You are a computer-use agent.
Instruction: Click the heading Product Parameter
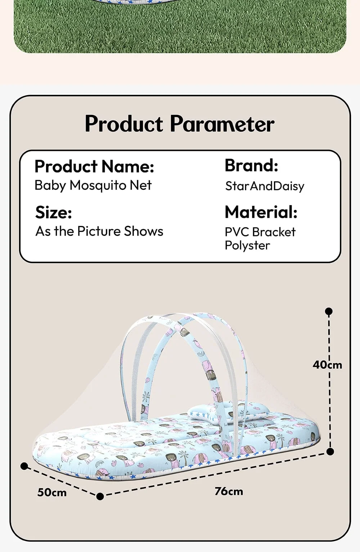click(180, 124)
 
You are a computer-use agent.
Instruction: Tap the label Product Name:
click(94, 166)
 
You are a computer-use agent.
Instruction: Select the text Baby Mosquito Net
click(93, 185)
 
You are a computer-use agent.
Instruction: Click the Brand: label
click(251, 166)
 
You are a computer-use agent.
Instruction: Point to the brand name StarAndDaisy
click(265, 186)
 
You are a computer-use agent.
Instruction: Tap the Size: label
click(54, 212)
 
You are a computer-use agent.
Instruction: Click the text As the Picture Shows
click(99, 231)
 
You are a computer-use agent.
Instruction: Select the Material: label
click(261, 212)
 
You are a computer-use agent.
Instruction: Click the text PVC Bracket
click(260, 232)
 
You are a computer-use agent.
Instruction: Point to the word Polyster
click(247, 245)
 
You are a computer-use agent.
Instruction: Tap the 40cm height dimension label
click(327, 365)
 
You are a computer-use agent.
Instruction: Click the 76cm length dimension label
click(229, 491)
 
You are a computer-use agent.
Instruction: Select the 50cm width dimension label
click(52, 492)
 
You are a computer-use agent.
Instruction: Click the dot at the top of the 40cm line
click(329, 311)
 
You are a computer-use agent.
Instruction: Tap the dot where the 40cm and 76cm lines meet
click(330, 451)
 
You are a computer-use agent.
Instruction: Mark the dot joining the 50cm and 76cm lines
click(100, 497)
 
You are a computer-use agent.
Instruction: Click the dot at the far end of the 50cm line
click(24, 466)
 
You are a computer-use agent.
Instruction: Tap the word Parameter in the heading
click(222, 124)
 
